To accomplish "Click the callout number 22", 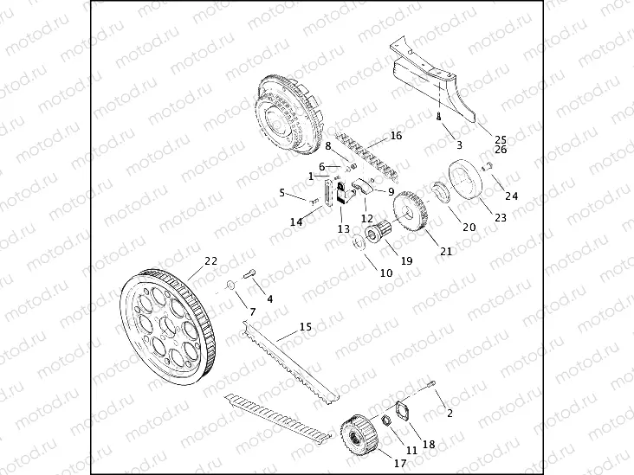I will pos(210,260).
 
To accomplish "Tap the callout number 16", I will pos(396,136).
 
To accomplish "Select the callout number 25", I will pos(500,139).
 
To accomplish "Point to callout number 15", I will pos(305,327).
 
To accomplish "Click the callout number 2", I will pos(450,413).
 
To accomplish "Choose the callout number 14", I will pos(296,222).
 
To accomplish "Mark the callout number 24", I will pos(512,196).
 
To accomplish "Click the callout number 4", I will pos(269,298).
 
